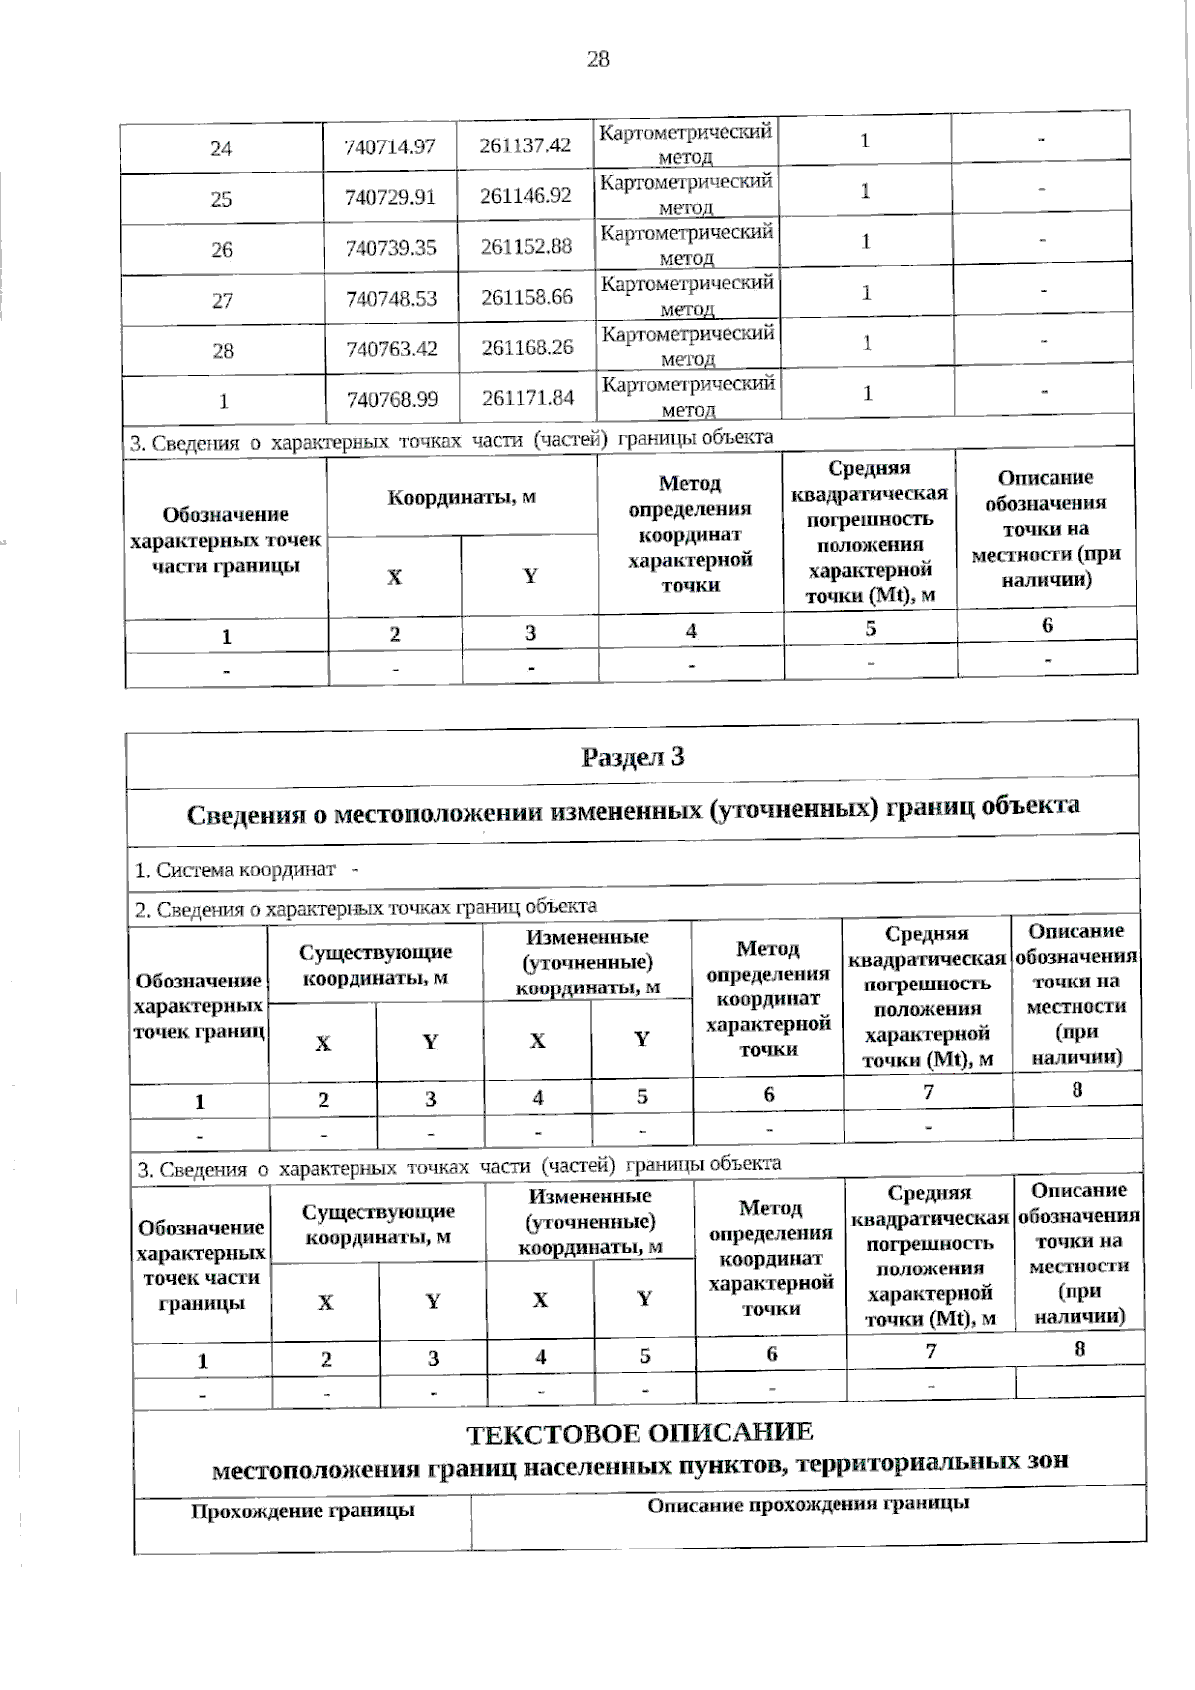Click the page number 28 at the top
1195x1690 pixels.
click(x=597, y=59)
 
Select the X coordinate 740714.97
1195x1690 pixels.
click(x=389, y=146)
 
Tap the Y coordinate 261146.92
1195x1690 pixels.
click(x=526, y=195)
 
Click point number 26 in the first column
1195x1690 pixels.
click(x=221, y=250)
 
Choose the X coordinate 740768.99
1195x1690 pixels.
click(x=392, y=399)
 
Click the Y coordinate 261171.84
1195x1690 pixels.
click(x=528, y=397)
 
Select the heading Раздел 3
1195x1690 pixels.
click(x=632, y=757)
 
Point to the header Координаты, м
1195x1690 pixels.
click(x=461, y=496)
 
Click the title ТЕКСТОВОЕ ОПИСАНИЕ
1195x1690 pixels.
click(x=639, y=1433)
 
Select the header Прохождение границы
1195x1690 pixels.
click(x=303, y=1510)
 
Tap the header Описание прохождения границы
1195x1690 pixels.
click(x=808, y=1504)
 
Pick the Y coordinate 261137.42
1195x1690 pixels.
click(x=525, y=145)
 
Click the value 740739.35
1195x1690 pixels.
click(x=390, y=248)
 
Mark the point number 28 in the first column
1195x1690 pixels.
click(x=223, y=351)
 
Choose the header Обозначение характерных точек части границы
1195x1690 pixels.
click(x=226, y=539)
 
